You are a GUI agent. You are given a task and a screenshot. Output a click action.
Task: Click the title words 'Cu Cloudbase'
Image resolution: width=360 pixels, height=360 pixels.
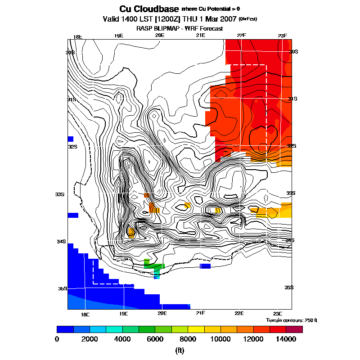coord(149,9)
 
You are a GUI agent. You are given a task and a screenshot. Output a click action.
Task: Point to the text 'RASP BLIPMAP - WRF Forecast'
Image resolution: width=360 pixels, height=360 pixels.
coord(180,28)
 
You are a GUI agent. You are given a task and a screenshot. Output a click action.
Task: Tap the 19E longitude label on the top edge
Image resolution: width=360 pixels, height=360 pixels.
coord(118,36)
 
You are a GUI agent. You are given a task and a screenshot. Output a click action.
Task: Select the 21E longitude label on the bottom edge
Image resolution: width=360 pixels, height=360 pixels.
coord(200,313)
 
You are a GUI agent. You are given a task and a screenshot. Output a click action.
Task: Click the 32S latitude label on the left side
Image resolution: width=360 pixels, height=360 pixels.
coord(73,146)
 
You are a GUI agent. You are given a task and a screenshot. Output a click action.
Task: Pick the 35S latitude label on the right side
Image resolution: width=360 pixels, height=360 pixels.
coord(289,287)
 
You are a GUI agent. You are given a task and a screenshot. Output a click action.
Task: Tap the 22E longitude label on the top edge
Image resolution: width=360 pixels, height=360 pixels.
coord(241,36)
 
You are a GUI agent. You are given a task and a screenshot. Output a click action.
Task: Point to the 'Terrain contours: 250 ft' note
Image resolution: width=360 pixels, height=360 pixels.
coord(292,320)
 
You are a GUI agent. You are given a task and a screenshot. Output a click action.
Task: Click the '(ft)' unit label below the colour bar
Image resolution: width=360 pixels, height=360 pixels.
coord(180,351)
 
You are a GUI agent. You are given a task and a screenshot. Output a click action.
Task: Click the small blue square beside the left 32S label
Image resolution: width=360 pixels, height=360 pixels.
coord(70,139)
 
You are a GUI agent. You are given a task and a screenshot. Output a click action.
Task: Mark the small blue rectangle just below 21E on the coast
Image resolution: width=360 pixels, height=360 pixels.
coord(205,266)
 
